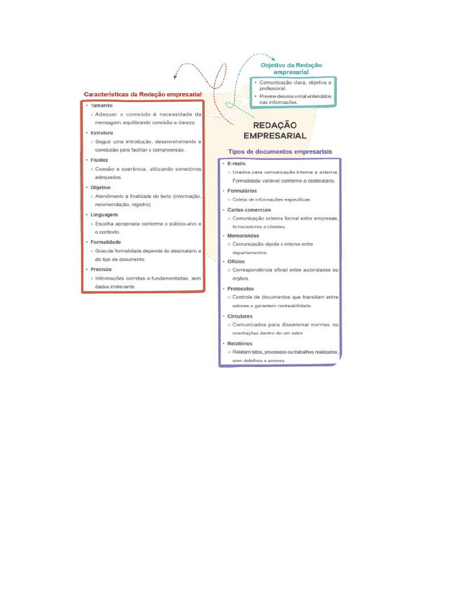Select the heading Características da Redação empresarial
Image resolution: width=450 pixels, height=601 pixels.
(x=142, y=94)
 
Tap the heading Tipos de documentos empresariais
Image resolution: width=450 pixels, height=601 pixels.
(x=279, y=151)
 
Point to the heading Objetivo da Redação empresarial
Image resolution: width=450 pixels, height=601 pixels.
(x=291, y=68)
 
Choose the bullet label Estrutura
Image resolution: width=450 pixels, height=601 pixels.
(x=102, y=133)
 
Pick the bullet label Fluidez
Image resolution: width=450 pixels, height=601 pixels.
(x=99, y=160)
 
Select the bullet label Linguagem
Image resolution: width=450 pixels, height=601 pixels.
(x=104, y=215)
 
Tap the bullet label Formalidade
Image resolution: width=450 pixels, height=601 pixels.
(x=105, y=242)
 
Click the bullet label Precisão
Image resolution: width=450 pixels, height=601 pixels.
(x=101, y=269)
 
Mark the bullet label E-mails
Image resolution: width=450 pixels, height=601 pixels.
(x=236, y=163)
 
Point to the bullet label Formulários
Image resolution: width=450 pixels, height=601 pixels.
(x=241, y=191)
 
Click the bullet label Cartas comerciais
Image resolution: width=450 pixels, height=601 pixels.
(x=249, y=210)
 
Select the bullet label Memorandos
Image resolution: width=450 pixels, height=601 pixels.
(x=244, y=235)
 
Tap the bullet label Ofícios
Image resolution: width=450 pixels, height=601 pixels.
(x=236, y=261)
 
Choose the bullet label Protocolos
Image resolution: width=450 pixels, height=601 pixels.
(x=241, y=289)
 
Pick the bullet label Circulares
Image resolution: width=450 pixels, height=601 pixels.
(x=240, y=316)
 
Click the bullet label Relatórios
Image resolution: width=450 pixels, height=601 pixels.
(x=240, y=343)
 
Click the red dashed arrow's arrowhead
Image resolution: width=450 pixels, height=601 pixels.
(x=175, y=77)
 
